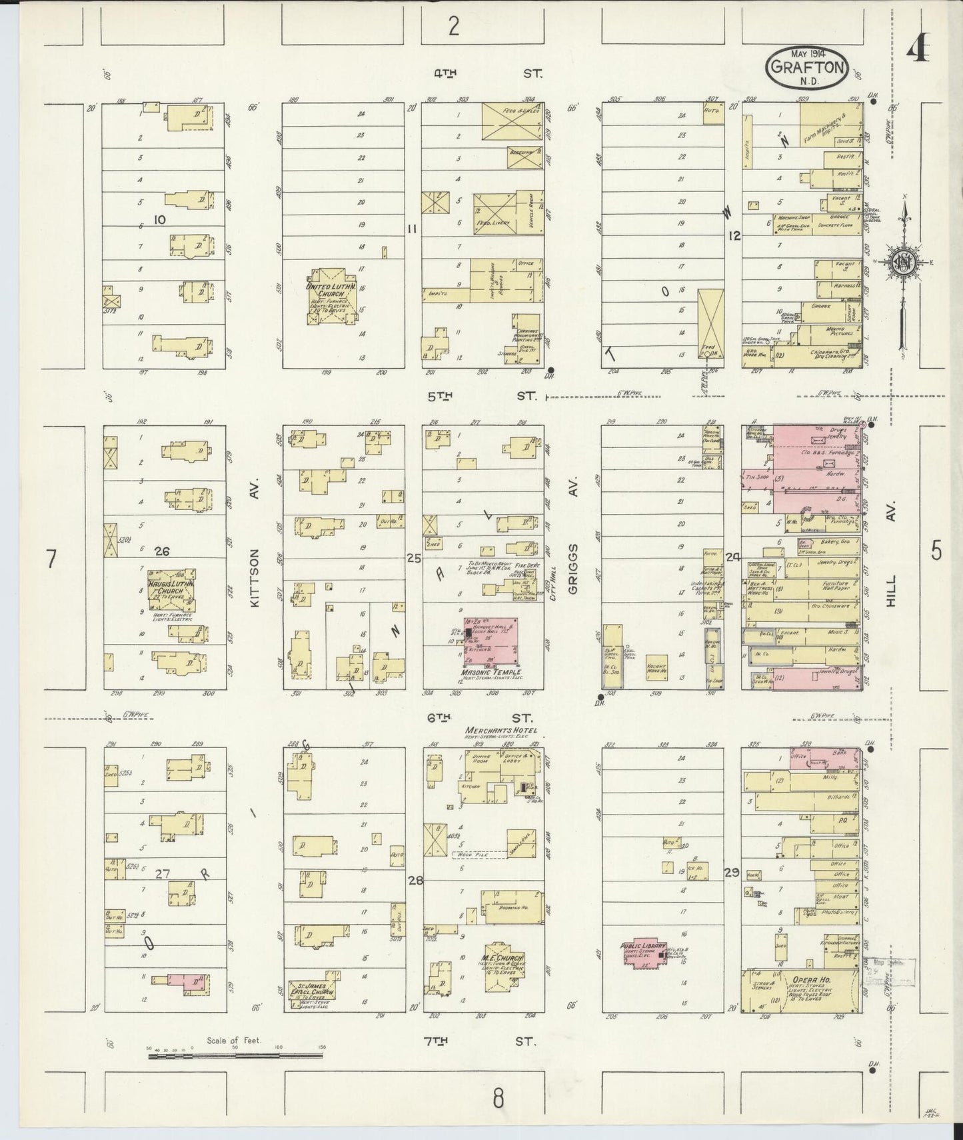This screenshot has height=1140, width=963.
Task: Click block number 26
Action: [x=161, y=551]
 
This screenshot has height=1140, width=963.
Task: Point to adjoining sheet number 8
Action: [x=498, y=1097]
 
